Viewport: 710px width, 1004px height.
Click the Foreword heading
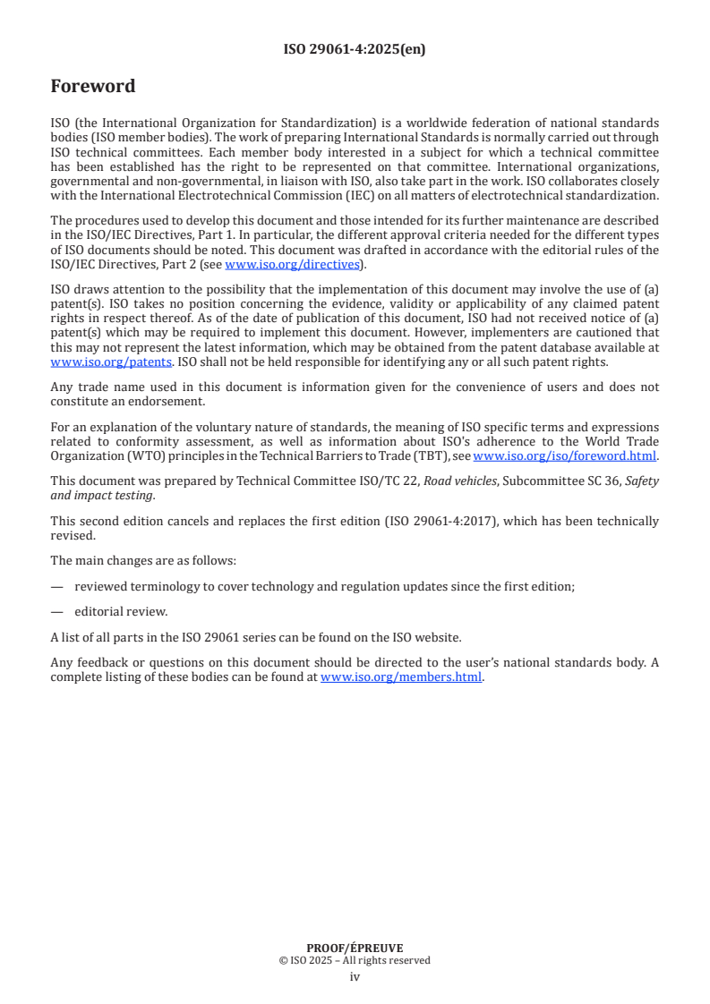click(93, 87)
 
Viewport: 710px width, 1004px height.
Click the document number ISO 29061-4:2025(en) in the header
click(355, 49)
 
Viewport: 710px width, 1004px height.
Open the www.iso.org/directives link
click(292, 264)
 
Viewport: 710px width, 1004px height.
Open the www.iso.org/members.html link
click(401, 677)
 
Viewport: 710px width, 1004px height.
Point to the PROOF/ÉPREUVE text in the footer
click(355, 948)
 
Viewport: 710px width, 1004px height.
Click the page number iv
click(355, 977)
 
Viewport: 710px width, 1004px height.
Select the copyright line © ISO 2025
click(355, 960)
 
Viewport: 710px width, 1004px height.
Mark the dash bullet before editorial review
click(57, 612)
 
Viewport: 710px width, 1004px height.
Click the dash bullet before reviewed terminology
click(57, 586)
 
